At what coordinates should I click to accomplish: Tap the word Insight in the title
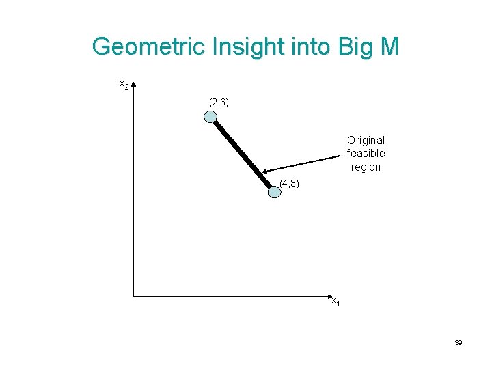pos(234,47)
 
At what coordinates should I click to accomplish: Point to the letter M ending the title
pos(388,47)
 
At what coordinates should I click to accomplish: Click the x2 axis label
pos(124,85)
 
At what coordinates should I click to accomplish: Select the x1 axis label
pos(336,301)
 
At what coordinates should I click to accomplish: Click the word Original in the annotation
pos(366,140)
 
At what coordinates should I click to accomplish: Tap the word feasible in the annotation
pos(366,154)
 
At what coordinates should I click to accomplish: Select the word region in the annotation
pos(366,167)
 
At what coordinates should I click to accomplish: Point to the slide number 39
pos(459,342)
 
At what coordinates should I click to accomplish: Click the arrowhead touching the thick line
pos(266,172)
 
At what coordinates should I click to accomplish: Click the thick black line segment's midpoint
pos(243,154)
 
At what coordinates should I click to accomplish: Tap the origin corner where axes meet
pos(134,296)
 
